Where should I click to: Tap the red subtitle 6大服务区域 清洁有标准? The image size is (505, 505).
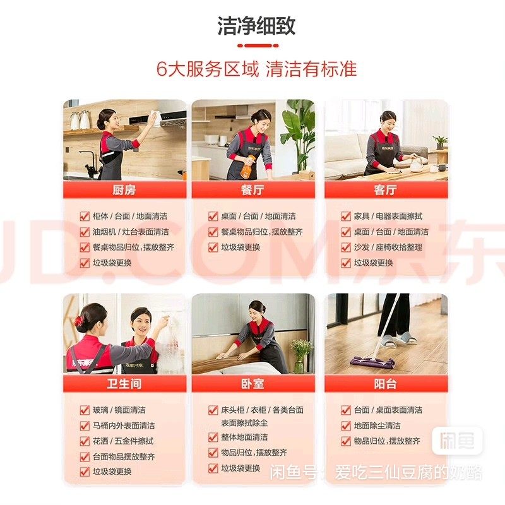(256, 69)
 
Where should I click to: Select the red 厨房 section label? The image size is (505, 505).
(124, 189)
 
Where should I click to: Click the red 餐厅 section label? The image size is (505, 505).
(252, 189)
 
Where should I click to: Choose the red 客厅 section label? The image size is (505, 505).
(386, 189)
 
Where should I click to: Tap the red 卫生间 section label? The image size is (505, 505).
(124, 384)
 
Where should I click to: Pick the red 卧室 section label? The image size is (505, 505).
(252, 384)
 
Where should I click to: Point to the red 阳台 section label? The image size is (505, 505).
(386, 384)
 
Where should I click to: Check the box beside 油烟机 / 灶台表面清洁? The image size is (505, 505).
(85, 232)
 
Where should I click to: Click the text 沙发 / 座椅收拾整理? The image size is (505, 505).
(388, 247)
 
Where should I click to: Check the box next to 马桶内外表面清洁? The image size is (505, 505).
(85, 425)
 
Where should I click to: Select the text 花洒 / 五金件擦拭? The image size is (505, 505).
(123, 441)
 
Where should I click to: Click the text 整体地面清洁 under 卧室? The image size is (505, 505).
(243, 437)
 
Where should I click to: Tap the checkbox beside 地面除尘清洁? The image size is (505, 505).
(345, 426)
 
